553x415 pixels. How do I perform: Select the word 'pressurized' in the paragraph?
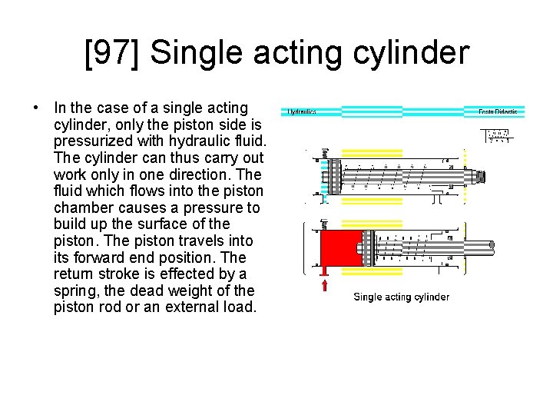coord(90,141)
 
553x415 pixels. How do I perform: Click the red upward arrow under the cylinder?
coord(325,285)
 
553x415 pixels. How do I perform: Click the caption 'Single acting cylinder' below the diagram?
coord(401,297)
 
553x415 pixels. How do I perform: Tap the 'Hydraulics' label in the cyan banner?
coord(302,112)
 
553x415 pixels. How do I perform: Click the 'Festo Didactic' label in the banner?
coord(498,112)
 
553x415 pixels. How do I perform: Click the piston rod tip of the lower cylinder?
coord(491,247)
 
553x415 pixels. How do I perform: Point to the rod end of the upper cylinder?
coord(482,178)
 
